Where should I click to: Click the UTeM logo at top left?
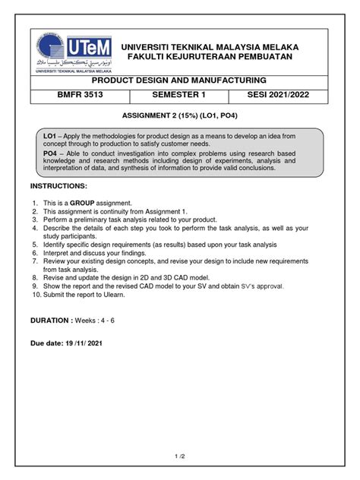pos(75,52)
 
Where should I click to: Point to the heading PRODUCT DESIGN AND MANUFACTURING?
pos(178,80)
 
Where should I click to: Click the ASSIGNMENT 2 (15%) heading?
pos(179,119)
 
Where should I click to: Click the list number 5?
pos(35,245)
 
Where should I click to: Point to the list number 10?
pos(35,295)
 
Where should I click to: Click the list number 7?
pos(35,261)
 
